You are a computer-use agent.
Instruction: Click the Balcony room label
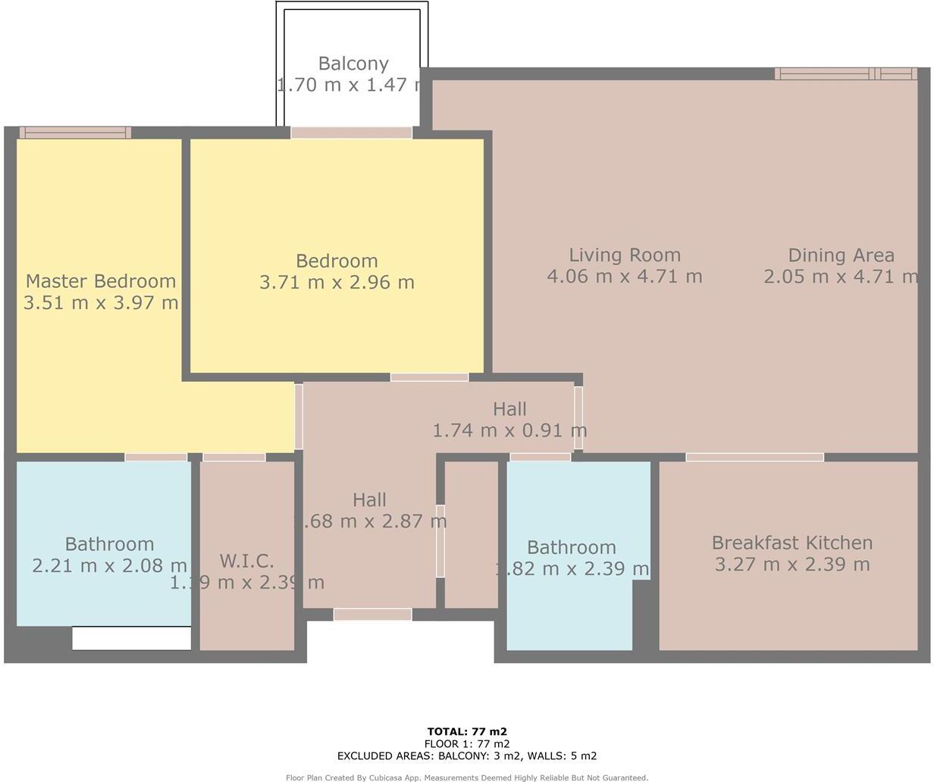coord(353,64)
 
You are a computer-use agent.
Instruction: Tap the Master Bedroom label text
coord(101,281)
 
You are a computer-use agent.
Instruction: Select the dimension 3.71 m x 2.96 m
coord(337,283)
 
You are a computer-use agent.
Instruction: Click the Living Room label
coord(625,255)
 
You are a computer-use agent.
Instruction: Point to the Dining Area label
coord(841,255)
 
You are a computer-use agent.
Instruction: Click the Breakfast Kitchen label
coord(791,543)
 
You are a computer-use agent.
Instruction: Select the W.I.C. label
coord(246,561)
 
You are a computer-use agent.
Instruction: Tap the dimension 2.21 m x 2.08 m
coord(109,565)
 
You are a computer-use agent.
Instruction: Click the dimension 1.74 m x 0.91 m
coord(509,430)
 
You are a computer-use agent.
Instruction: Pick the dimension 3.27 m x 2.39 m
coord(791,565)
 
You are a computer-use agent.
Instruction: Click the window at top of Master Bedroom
coord(75,133)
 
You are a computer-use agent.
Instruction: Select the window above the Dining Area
coord(846,74)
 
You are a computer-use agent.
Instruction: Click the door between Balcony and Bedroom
coord(352,133)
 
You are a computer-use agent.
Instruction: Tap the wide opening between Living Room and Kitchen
coord(754,457)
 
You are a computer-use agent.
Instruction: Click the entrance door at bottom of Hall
coord(372,615)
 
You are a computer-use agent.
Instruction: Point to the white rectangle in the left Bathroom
coord(131,638)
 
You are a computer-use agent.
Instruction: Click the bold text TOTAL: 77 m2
coord(467,731)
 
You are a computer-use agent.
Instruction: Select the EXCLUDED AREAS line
coord(467,755)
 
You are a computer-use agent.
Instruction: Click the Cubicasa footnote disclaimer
coord(467,777)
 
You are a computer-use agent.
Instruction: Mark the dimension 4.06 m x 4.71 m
coord(625,277)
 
